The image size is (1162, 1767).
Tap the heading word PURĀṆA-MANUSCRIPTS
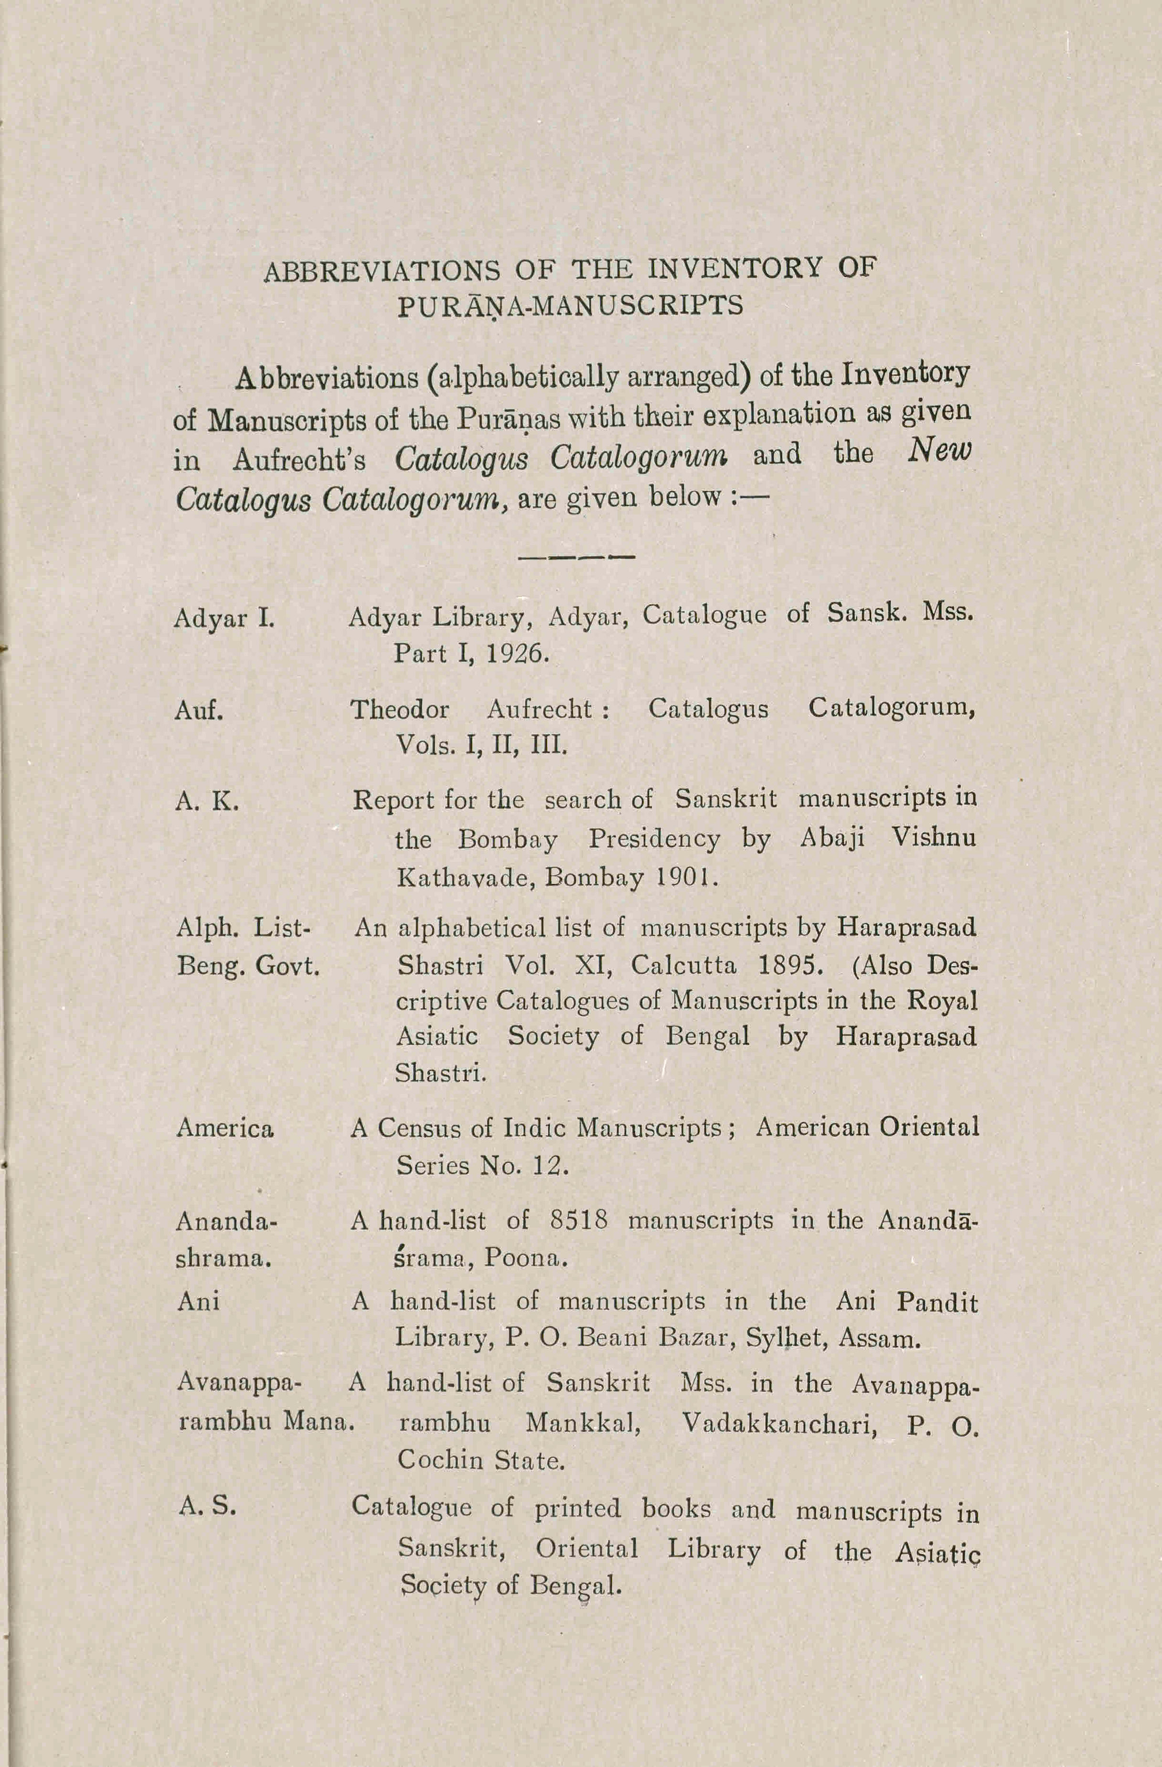coord(570,306)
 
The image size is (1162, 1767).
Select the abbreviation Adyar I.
coord(224,619)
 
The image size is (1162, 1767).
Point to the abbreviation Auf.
coord(199,710)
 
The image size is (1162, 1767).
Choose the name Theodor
coord(399,710)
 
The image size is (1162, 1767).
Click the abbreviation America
coord(225,1128)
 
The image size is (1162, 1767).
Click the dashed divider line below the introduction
coord(576,556)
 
